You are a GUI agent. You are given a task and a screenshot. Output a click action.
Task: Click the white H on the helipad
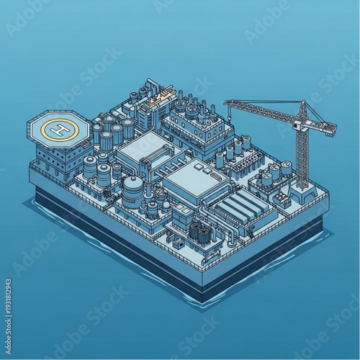click(x=60, y=129)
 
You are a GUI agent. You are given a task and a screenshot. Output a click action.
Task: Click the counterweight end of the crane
click(x=328, y=130)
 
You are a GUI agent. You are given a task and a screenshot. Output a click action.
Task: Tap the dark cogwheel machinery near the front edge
click(x=199, y=233)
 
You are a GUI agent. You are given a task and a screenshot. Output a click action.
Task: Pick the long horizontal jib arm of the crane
click(x=263, y=112)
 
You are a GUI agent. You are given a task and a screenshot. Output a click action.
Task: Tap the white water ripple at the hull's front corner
click(x=204, y=302)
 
